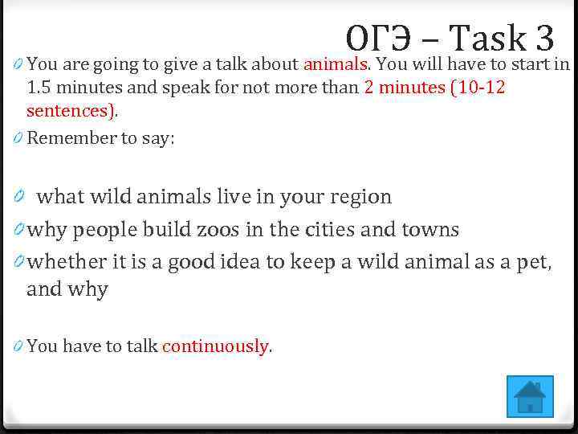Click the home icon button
coord(530,396)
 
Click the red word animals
coord(335,64)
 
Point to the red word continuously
coord(214,346)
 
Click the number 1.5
coord(41,88)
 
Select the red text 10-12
coord(479,88)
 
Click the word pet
coord(531,262)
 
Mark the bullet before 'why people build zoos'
coord(18,231)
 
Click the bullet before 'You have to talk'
coord(18,347)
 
